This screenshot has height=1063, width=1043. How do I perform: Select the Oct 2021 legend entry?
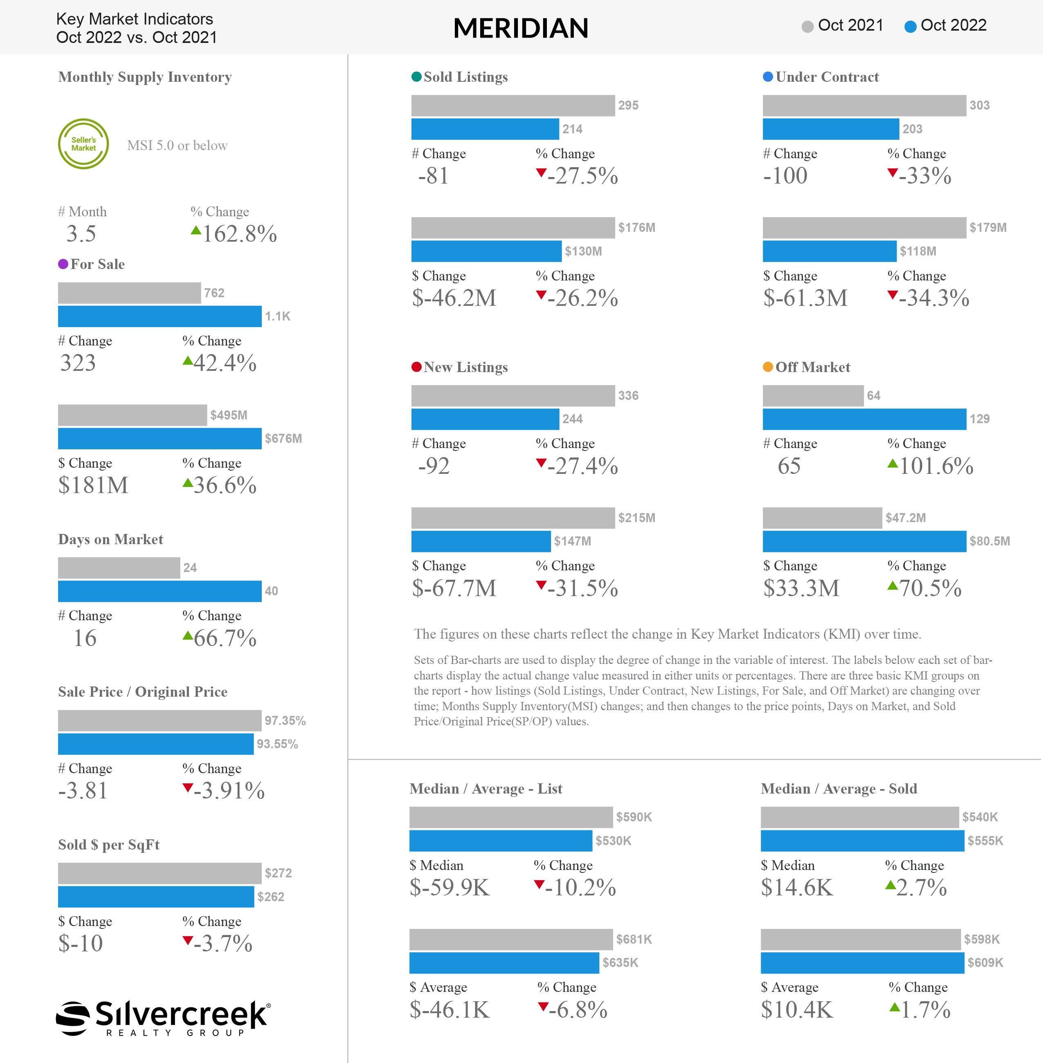[842, 26]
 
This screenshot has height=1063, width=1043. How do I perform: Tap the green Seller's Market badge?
[83, 144]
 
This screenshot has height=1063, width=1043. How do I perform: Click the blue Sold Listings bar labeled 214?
[485, 129]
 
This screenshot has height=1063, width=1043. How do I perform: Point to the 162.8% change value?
[239, 234]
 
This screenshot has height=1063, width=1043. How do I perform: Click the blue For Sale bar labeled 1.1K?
[160, 316]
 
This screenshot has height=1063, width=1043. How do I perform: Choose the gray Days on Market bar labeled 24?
[119, 568]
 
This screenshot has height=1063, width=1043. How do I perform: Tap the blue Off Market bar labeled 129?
[864, 419]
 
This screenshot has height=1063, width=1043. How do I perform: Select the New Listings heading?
[465, 367]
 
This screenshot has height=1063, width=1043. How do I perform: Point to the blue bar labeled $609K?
[862, 963]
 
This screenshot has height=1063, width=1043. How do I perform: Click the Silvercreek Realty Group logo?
[163, 1018]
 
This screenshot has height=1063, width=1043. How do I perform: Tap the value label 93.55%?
[277, 744]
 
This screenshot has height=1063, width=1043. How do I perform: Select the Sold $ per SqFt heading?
[109, 845]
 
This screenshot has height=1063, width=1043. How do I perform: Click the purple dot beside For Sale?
[63, 264]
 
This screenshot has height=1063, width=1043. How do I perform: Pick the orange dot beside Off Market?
[767, 367]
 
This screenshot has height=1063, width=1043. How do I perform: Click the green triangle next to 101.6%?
[892, 464]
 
